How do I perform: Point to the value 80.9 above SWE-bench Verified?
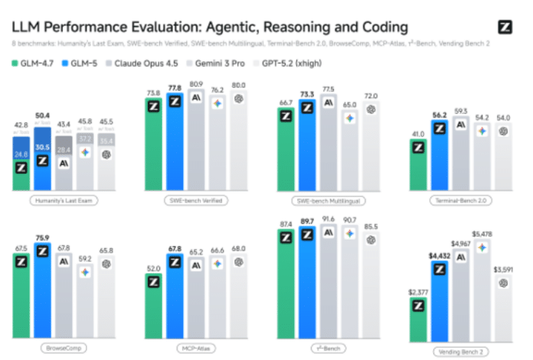point(197,83)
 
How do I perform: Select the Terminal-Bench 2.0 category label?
point(461,201)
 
